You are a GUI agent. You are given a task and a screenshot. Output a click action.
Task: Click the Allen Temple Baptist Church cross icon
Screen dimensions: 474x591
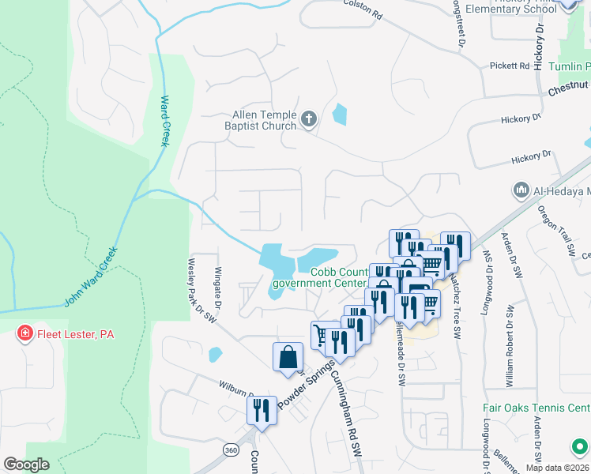point(309,120)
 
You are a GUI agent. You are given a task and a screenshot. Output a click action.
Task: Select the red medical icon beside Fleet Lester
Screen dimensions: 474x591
point(26,334)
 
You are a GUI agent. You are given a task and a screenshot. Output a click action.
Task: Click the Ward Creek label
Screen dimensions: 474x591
point(166,121)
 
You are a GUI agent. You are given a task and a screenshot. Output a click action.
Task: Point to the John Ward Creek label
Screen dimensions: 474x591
point(90,277)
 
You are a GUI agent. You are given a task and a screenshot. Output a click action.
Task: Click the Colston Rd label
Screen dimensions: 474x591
point(363,9)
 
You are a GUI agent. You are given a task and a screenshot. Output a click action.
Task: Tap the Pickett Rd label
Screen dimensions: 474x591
point(509,66)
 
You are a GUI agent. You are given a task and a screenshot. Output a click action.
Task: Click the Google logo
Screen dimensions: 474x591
point(26,465)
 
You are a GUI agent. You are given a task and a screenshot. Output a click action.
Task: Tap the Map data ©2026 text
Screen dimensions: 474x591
point(557,468)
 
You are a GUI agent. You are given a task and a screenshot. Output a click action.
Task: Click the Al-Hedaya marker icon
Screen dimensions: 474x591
point(521,190)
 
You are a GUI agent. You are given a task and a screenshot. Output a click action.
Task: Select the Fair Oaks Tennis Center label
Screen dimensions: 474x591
point(536,408)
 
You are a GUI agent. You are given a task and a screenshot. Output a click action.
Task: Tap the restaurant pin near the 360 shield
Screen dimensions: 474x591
point(261,410)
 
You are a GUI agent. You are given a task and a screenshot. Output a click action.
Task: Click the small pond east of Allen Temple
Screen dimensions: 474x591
point(339,115)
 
